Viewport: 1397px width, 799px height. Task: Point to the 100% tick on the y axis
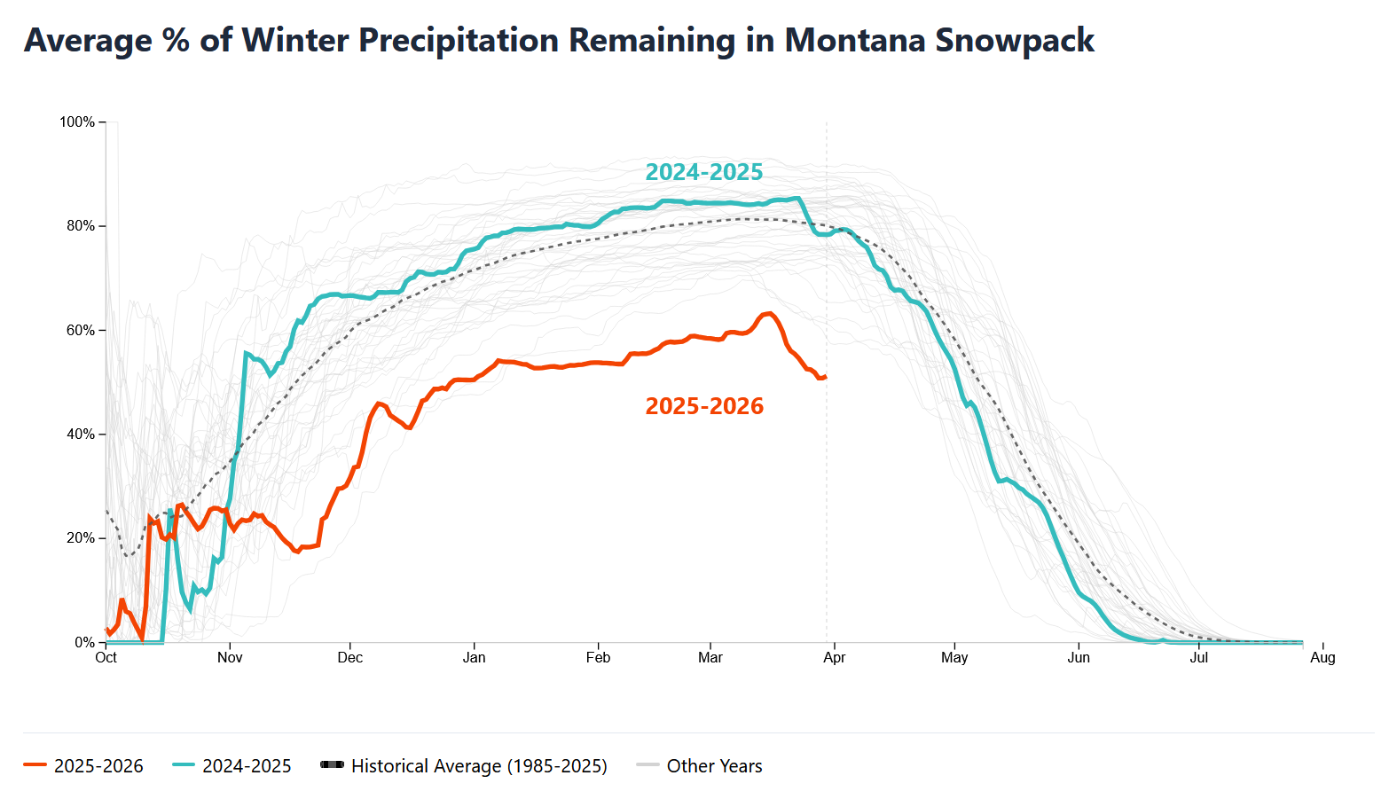click(78, 122)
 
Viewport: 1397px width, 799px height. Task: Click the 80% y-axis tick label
click(81, 226)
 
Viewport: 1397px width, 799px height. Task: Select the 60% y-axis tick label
click(81, 331)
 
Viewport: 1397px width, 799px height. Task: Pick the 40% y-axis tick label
click(81, 435)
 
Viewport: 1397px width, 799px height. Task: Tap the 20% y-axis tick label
click(81, 538)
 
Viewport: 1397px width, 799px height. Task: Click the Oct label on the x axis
click(106, 658)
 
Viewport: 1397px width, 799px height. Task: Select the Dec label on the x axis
click(350, 658)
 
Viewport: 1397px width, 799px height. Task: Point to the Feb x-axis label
click(599, 658)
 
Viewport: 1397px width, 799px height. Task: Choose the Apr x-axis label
click(835, 658)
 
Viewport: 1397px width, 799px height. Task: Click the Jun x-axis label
click(1079, 658)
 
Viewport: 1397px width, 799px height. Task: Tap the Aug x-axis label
click(1322, 658)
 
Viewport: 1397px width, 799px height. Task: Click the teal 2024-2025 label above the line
click(704, 172)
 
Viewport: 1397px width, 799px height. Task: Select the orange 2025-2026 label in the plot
click(704, 406)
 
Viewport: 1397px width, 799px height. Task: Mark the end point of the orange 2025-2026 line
click(826, 377)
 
